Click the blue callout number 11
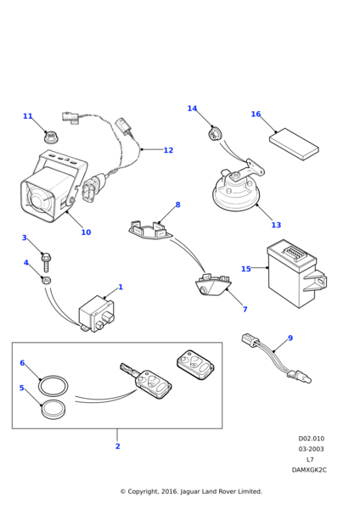[28, 116]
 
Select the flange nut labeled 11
[50, 137]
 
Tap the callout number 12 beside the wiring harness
[168, 150]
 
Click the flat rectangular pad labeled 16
[294, 144]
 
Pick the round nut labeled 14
[214, 133]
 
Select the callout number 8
[177, 204]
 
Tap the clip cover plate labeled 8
[150, 230]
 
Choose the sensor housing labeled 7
[213, 286]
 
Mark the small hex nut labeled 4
[46, 279]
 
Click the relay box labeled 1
[97, 313]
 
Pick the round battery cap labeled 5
[53, 410]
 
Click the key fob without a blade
[195, 364]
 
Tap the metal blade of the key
[128, 370]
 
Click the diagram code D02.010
[312, 439]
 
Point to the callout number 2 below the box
[118, 446]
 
